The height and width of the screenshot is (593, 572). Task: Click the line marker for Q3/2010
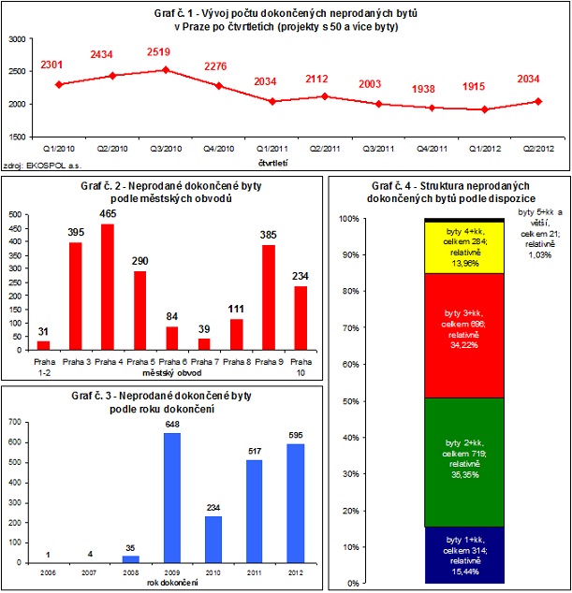166,70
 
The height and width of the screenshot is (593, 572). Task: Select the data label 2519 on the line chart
165,53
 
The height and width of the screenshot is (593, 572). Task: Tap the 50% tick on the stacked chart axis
348,401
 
